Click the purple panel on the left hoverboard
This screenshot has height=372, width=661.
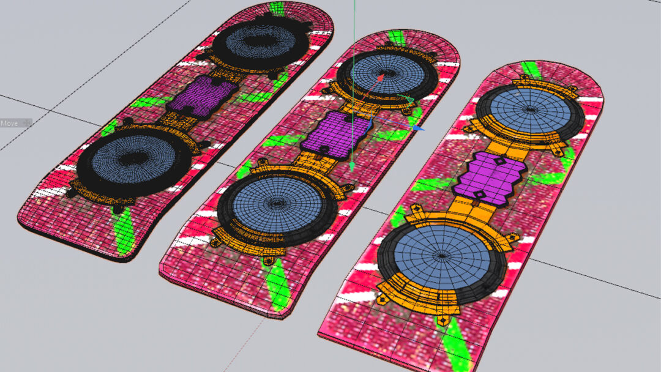coord(201,95)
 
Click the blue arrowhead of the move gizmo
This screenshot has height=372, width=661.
coord(419,128)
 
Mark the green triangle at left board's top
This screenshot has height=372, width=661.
coord(277,9)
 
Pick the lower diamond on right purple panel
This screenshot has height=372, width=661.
coord(480,194)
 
